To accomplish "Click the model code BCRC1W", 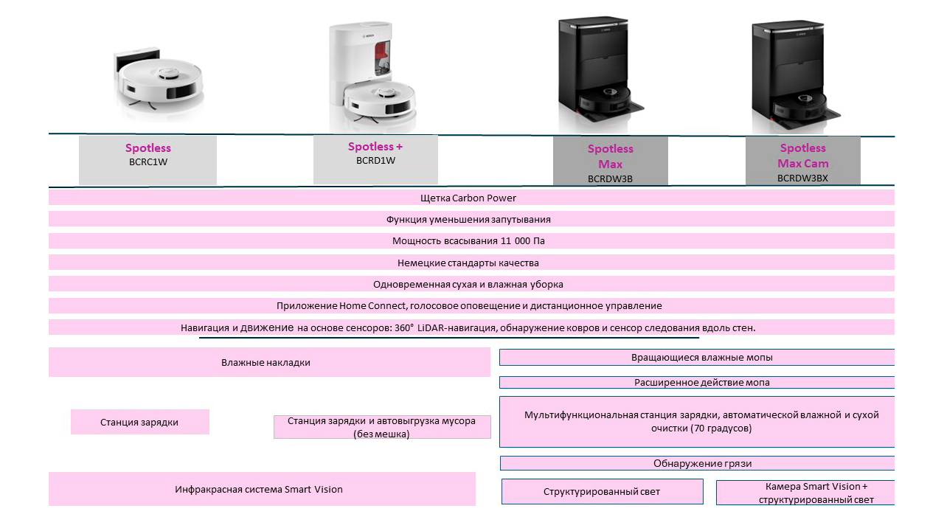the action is (148, 162).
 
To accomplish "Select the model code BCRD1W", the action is (375, 161).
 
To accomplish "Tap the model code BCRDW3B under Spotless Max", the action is (610, 178).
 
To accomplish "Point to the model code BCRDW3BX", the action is (802, 178).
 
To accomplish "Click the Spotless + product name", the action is (375, 147).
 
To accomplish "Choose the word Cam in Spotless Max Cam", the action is (817, 164).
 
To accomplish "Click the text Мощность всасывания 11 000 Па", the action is (468, 241).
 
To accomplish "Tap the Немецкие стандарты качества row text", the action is (468, 263).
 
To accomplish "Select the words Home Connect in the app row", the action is (372, 306).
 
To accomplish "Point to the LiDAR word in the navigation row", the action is (430, 328).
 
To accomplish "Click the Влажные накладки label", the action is (265, 362).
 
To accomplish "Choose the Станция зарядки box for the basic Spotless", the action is (140, 422).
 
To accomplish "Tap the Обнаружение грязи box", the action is (697, 463).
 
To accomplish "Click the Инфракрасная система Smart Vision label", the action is (259, 489).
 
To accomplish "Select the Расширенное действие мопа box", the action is (697, 382).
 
